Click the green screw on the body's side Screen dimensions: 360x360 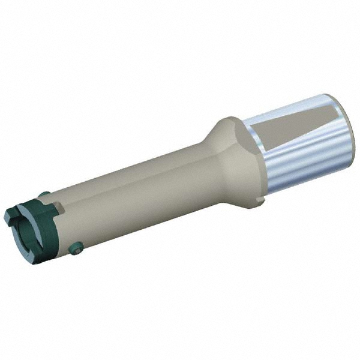76,247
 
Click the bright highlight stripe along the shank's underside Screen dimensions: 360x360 300,174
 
